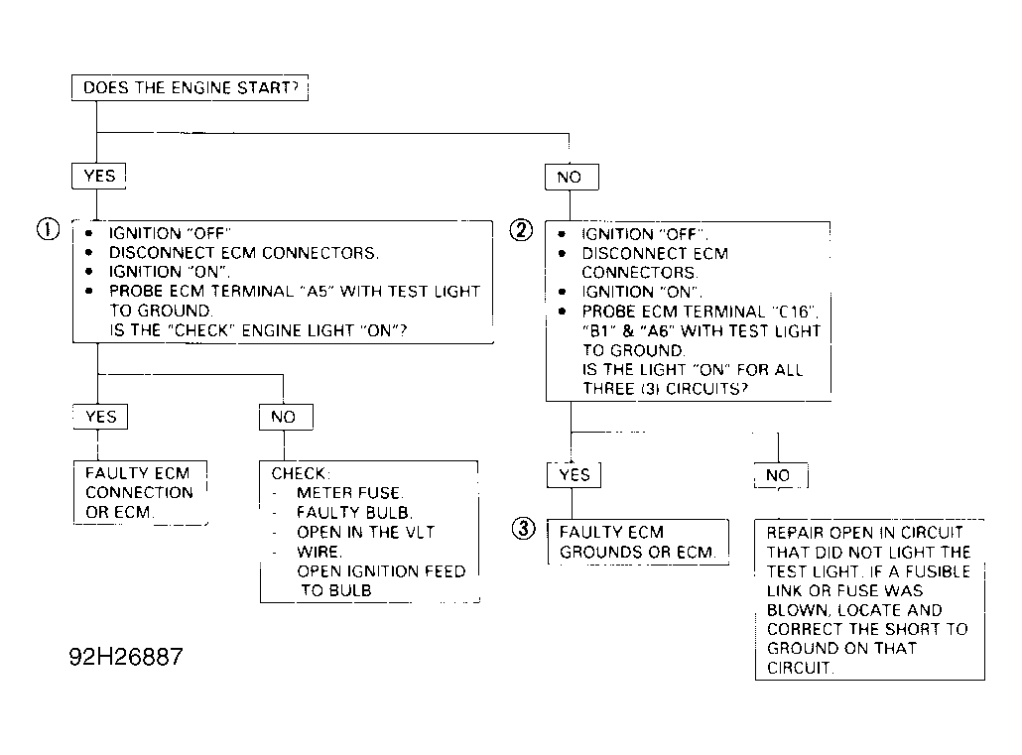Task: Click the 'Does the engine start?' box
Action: click(x=190, y=87)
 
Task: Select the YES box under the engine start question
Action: click(x=98, y=176)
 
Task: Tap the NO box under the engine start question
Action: click(x=572, y=177)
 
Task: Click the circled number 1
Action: click(x=49, y=229)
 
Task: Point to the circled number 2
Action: click(x=521, y=230)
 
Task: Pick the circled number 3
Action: click(x=523, y=528)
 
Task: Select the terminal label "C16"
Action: click(x=795, y=312)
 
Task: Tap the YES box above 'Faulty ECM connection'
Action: click(x=100, y=417)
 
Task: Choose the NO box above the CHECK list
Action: click(x=286, y=418)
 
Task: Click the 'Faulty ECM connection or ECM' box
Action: click(x=140, y=492)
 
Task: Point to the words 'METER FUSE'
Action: click(x=349, y=493)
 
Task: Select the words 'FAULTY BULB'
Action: click(x=354, y=513)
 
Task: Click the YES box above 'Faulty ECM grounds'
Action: click(x=574, y=474)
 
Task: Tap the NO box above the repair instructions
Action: click(x=781, y=475)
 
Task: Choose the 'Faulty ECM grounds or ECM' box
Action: click(x=638, y=542)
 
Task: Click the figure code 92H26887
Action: click(x=126, y=657)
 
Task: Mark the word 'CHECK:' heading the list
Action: click(x=301, y=473)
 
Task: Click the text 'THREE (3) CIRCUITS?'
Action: click(x=665, y=389)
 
